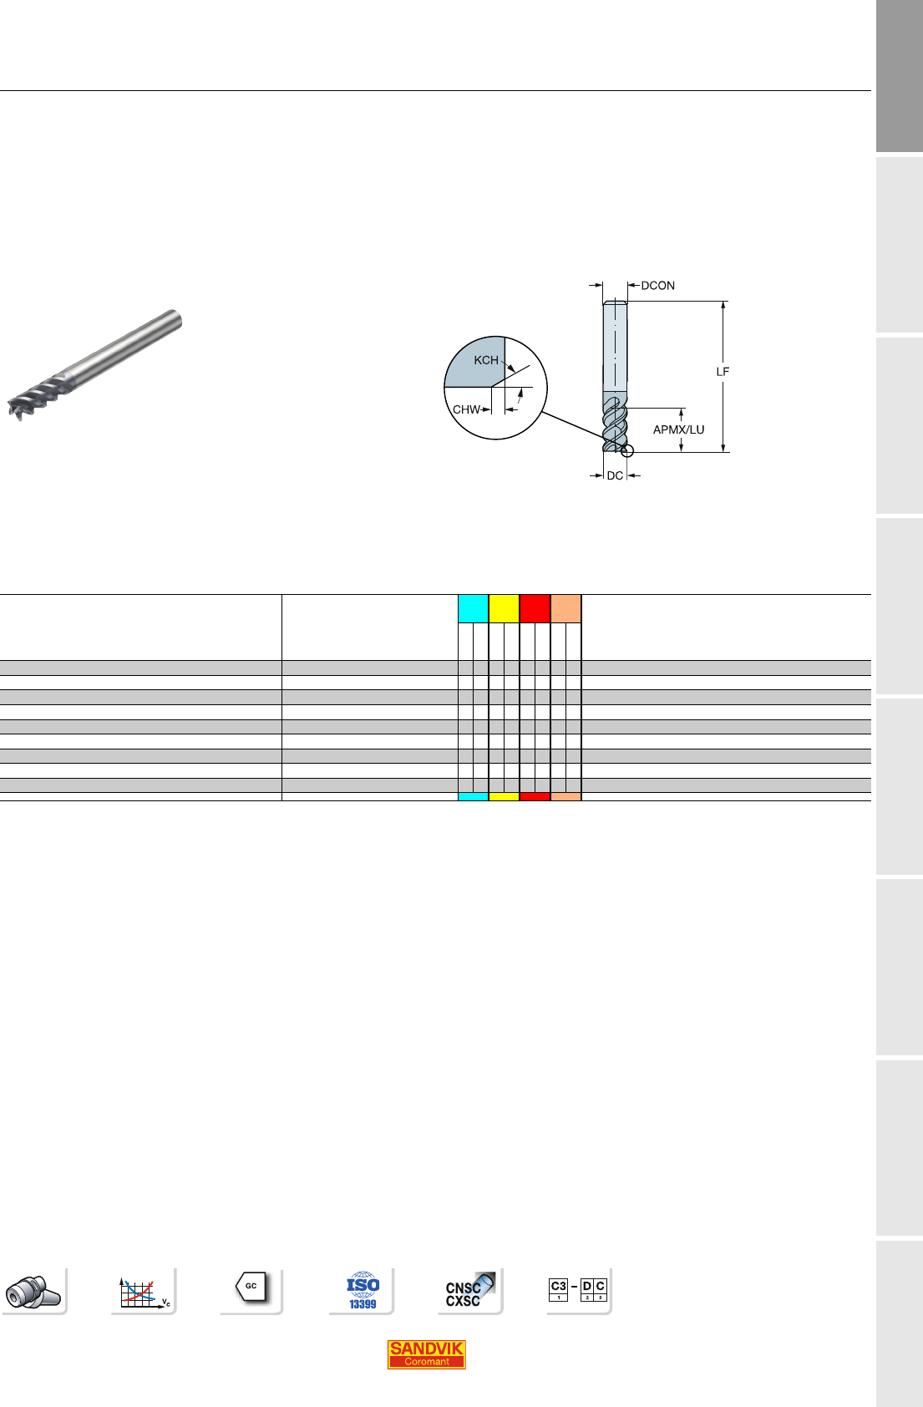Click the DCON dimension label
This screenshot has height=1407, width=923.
pos(657,285)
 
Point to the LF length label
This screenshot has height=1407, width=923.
pos(723,372)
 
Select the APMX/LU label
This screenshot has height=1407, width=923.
pos(678,429)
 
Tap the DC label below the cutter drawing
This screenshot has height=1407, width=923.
pos(615,475)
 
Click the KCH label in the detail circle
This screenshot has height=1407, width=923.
pos(486,360)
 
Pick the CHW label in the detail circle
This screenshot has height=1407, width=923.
pos(466,409)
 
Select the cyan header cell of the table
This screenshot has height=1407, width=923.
pos(474,608)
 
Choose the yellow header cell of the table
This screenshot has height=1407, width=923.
pos(505,608)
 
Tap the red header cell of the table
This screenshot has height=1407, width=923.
pos(535,608)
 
